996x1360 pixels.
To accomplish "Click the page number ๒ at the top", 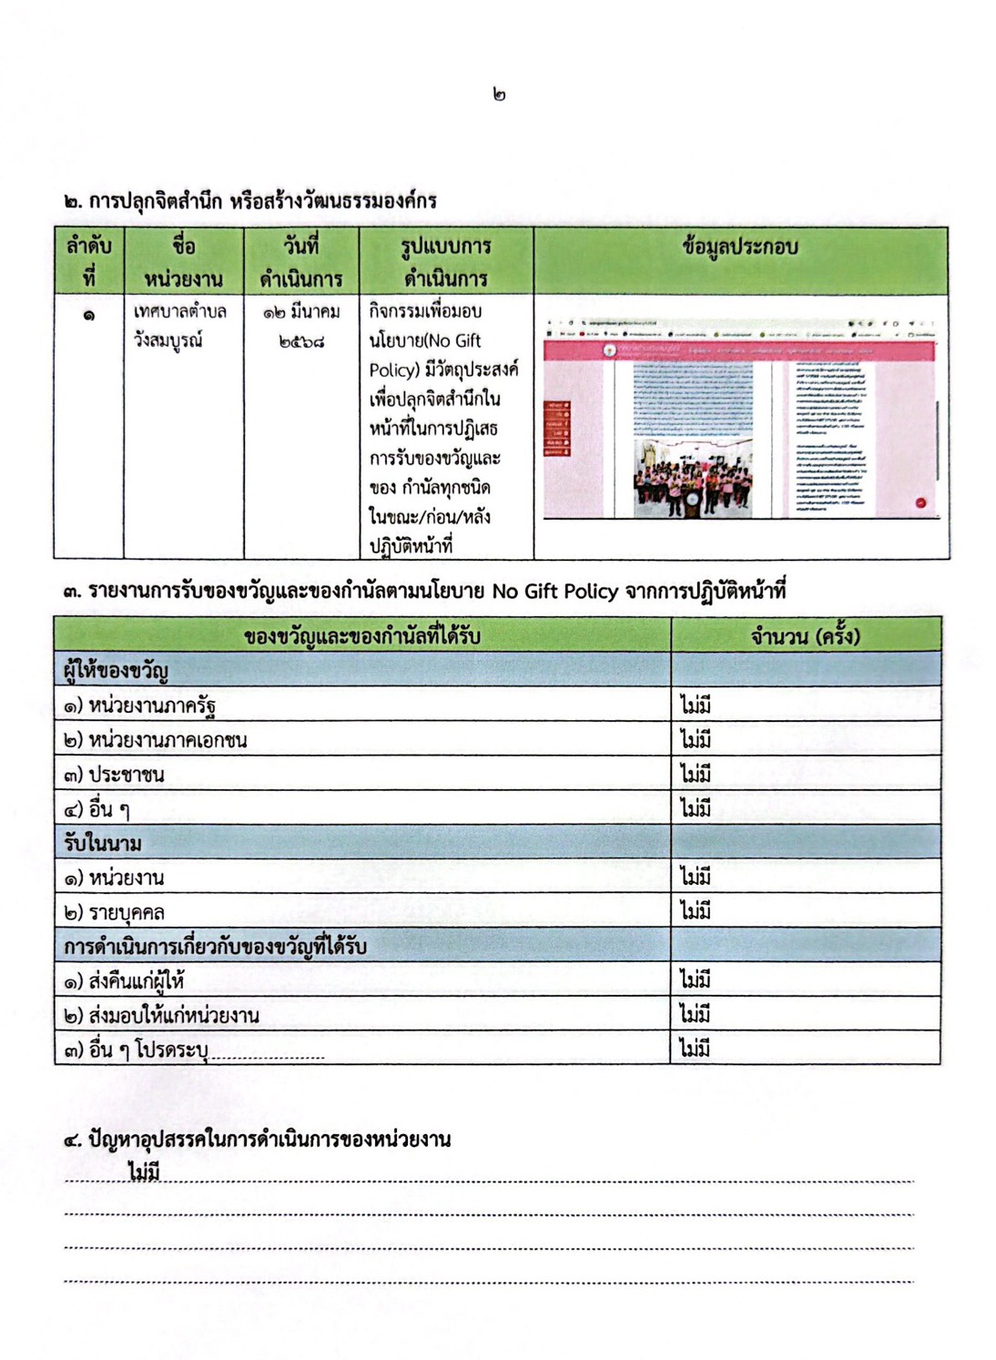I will click(x=498, y=94).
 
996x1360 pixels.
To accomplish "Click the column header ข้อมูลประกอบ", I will click(x=739, y=247).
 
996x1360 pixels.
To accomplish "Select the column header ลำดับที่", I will click(x=88, y=261).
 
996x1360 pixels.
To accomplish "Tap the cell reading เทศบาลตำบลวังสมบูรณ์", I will click(x=180, y=326).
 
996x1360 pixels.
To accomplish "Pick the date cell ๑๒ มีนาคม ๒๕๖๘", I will click(x=301, y=326).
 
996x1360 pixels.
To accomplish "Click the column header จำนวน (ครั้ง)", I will click(x=805, y=635).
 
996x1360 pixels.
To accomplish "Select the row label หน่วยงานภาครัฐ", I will click(x=140, y=705).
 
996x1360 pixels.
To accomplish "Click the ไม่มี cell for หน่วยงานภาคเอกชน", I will click(x=696, y=739).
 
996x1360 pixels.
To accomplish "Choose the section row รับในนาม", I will click(x=103, y=843).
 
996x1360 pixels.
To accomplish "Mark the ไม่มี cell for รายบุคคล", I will click(x=696, y=911).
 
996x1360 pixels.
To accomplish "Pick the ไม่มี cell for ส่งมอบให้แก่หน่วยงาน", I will click(x=696, y=1014).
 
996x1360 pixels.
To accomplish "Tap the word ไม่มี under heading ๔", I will click(x=145, y=1172).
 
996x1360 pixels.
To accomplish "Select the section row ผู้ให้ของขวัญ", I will click(x=116, y=671).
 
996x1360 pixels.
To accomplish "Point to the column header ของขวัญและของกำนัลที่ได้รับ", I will click(x=361, y=635).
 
